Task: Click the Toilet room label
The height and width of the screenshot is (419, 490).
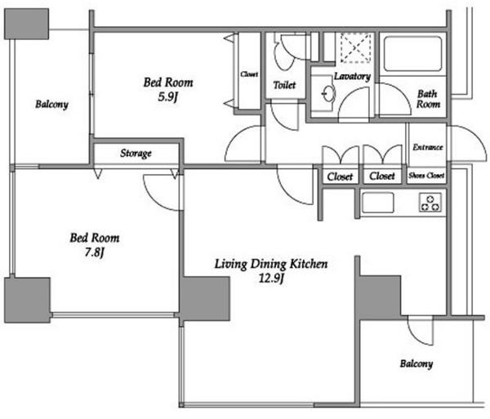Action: coord(284,85)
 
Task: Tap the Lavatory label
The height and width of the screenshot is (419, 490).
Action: coord(352,76)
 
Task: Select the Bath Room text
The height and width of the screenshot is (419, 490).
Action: coord(428,99)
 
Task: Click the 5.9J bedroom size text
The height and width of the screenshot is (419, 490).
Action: coord(167,97)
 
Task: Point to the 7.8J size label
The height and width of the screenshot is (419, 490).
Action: coord(94,252)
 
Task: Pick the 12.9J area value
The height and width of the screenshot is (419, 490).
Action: coord(271,278)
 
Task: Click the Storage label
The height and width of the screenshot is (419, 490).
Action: coord(136,153)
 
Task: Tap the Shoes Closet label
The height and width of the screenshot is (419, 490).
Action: coord(426,176)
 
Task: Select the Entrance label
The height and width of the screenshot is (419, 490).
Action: coord(428,147)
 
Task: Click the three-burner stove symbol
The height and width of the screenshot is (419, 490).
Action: coord(430,203)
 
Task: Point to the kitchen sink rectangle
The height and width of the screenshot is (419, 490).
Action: coord(377,203)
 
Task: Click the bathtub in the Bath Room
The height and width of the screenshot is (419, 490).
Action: coord(413,54)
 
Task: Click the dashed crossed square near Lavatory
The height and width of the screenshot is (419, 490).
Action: coord(355,47)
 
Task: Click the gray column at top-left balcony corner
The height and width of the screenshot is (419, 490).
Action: coord(27,24)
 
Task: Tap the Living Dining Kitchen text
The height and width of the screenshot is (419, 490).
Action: coord(271,264)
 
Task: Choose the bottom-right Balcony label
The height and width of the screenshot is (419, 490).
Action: coord(416,363)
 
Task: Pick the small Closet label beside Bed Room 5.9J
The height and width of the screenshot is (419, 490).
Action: coord(249,74)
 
